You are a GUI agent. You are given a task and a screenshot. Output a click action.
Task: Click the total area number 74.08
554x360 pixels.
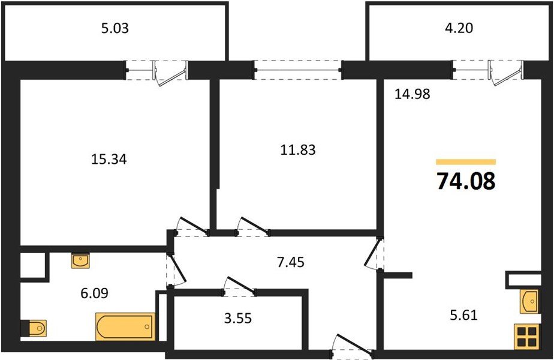tap(466, 181)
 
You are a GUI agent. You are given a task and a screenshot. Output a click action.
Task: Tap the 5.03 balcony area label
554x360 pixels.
tap(116, 28)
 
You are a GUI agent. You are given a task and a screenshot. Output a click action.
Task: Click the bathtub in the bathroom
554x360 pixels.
tap(125, 326)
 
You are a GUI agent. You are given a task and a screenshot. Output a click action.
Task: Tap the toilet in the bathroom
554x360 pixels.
tap(34, 328)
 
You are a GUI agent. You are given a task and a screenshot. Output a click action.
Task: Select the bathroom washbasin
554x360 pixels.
tap(80, 260)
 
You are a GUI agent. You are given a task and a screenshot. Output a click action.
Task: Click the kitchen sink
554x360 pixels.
tap(529, 301)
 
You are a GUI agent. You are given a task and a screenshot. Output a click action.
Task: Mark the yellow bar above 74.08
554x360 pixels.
tap(466, 162)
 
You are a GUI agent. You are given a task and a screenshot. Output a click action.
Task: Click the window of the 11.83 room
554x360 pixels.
tap(298, 70)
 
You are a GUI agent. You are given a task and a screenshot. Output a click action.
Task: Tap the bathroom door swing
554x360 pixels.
tap(175, 268)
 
